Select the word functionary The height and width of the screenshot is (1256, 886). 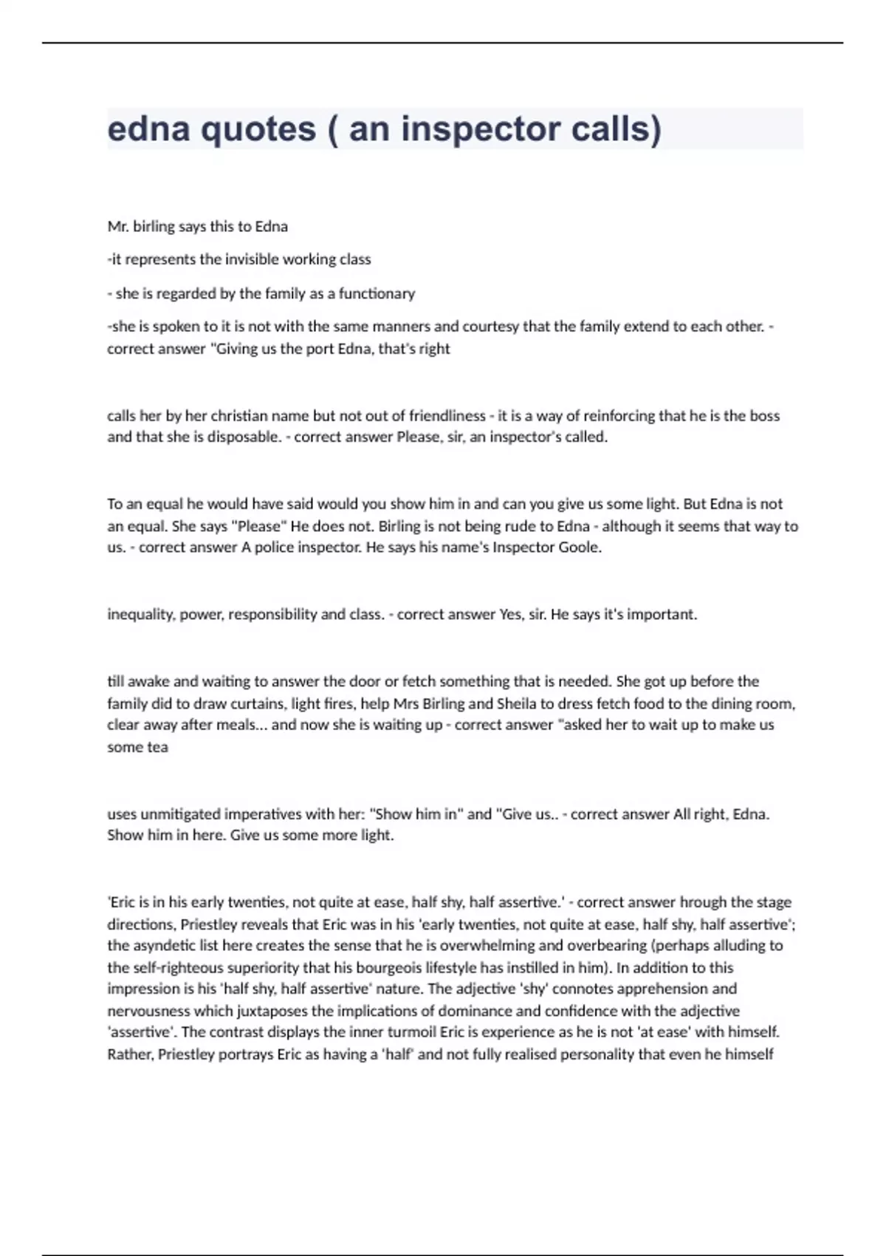[x=377, y=293]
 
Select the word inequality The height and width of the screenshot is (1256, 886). [x=140, y=615]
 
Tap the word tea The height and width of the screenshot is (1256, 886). [x=158, y=747]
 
